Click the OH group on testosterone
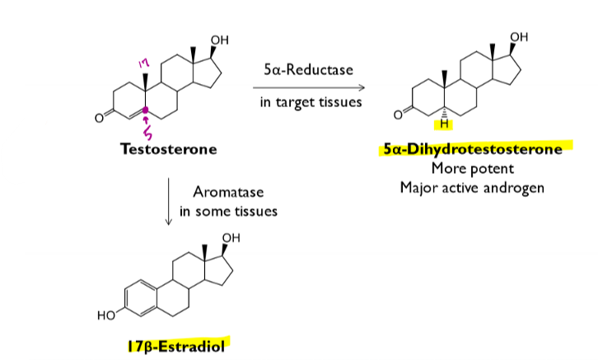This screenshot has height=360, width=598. (220, 40)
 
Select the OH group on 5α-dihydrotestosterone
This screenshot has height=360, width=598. (519, 37)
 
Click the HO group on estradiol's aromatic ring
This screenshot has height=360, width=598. (105, 313)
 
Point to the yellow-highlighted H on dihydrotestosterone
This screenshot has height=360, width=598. (445, 125)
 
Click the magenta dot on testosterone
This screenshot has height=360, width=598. (147, 110)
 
